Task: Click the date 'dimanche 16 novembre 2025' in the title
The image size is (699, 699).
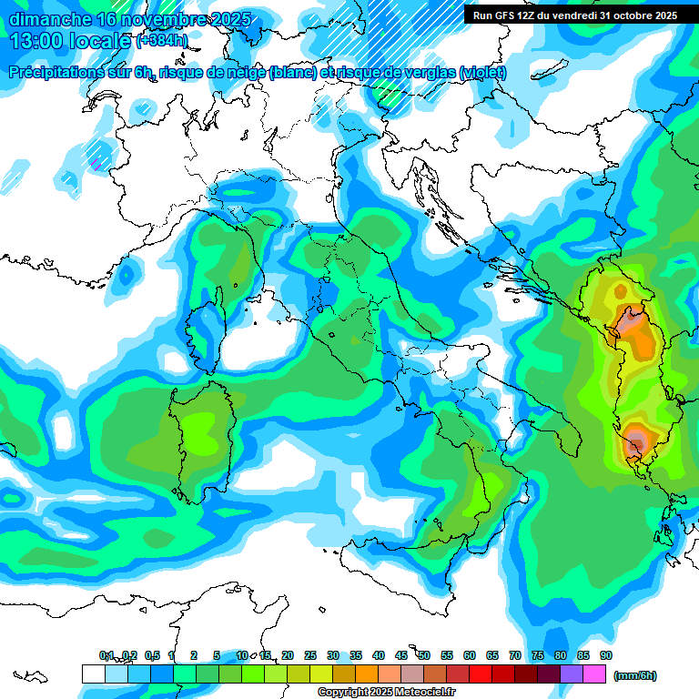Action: coord(127,19)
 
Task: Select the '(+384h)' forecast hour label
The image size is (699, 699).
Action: coord(162,41)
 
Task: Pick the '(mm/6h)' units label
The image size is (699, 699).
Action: coord(634,675)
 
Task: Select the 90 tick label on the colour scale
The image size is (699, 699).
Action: coord(605,655)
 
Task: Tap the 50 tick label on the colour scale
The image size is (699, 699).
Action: coord(424,655)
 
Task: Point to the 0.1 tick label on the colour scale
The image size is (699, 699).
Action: coord(106,655)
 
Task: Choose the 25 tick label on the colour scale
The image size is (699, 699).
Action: coord(310,655)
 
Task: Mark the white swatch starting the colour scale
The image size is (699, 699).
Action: coord(93,674)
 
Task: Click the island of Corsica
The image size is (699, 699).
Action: coord(206,332)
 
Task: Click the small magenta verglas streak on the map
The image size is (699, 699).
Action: coord(95,163)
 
